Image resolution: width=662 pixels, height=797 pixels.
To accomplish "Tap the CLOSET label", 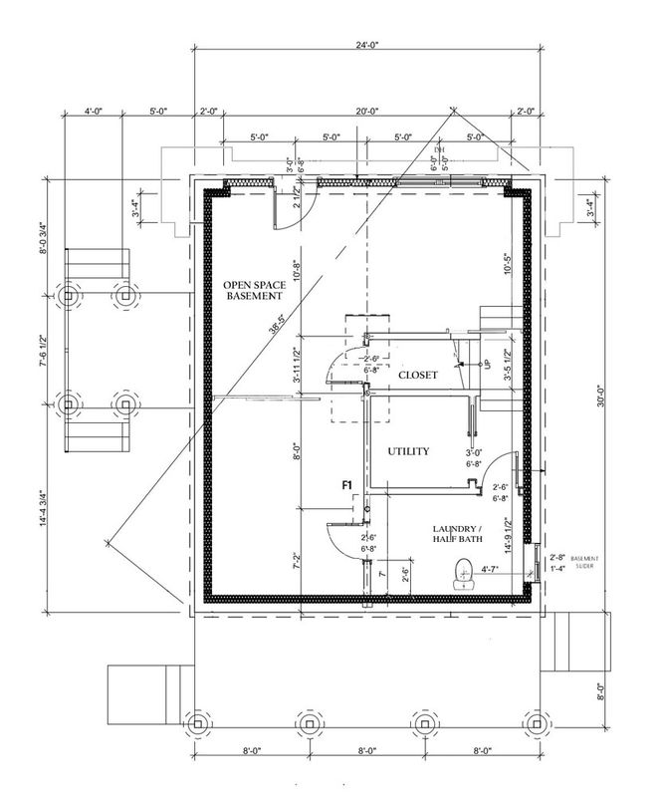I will pyautogui.click(x=418, y=377).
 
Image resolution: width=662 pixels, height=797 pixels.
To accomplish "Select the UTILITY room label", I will pyautogui.click(x=408, y=451).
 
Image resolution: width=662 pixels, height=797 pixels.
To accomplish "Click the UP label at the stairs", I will pyautogui.click(x=489, y=365).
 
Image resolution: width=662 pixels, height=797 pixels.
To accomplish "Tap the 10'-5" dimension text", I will pyautogui.click(x=509, y=264).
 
